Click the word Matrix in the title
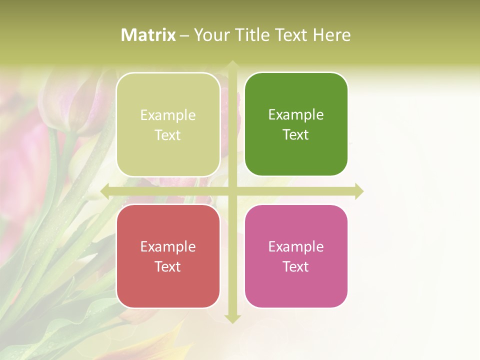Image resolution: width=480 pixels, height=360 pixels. [x=148, y=35]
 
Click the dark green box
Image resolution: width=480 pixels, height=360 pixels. [x=296, y=124]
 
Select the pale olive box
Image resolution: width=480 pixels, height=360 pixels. [x=168, y=124]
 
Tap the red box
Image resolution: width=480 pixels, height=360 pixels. [x=168, y=256]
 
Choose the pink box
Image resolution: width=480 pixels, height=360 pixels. [x=296, y=256]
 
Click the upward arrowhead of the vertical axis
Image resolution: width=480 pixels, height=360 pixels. [x=232, y=65]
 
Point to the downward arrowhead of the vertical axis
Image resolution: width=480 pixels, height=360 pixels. [x=232, y=318]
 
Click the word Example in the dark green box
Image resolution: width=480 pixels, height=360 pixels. [x=296, y=115]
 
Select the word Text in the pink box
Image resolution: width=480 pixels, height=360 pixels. [x=296, y=266]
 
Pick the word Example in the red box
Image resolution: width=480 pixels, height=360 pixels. [x=168, y=246]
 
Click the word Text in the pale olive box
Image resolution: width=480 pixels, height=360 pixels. [x=168, y=135]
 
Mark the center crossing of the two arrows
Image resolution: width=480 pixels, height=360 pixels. [x=232, y=191]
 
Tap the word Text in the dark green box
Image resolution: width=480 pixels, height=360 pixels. [x=296, y=135]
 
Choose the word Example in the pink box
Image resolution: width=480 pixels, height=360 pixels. [x=296, y=246]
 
